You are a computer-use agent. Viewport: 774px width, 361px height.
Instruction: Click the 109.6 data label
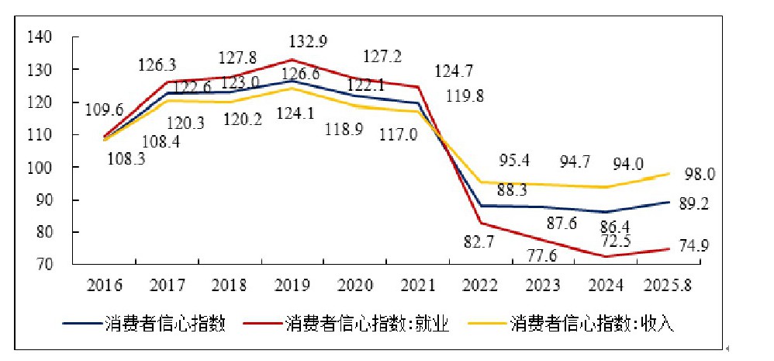pos(103,109)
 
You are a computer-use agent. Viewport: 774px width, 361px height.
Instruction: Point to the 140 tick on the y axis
pos(39,37)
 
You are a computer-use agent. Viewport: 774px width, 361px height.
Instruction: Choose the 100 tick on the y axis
pos(39,168)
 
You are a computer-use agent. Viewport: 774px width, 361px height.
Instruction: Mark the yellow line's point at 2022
pos(481,182)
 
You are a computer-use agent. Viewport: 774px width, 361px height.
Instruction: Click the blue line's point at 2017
pos(168,93)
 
